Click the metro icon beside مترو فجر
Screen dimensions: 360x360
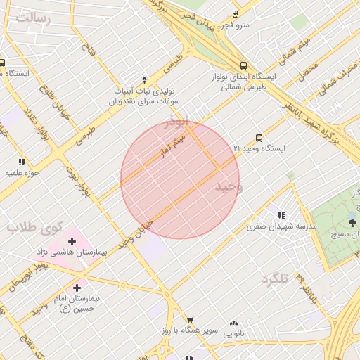[235, 13]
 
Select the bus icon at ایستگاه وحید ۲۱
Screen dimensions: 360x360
[259, 139]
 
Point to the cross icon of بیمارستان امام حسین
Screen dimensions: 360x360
[77, 287]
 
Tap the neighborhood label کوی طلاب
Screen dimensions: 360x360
[35, 227]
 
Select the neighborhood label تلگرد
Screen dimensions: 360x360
[275, 279]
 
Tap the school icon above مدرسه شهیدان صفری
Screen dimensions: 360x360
[281, 215]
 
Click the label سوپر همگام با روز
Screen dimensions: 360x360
[185, 329]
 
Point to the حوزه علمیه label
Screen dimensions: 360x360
[22, 172]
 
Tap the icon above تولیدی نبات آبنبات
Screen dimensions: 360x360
[145, 80]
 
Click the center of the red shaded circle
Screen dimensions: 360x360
[180, 180]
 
